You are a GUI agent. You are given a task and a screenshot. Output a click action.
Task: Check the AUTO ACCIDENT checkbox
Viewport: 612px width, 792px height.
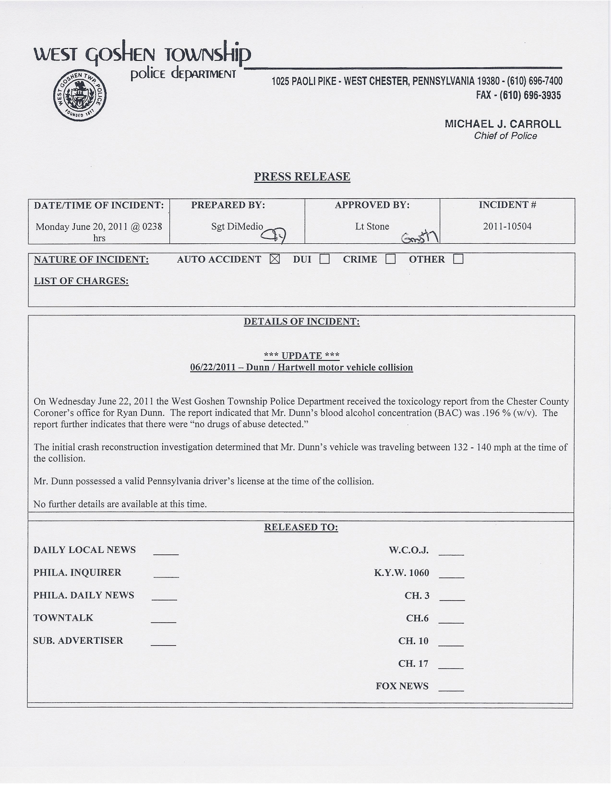[275, 259]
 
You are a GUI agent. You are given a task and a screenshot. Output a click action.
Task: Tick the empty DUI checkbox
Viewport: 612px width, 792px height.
[325, 259]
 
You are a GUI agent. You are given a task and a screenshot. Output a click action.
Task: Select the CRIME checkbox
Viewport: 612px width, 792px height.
[390, 259]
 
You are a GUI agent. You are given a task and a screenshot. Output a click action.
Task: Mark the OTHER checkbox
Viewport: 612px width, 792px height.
[458, 259]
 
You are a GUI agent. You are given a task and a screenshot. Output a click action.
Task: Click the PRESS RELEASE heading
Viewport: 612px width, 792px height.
[302, 177]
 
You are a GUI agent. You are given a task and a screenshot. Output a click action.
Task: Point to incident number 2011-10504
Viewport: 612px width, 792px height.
[507, 227]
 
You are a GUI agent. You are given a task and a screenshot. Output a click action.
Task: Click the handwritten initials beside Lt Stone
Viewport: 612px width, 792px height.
[420, 236]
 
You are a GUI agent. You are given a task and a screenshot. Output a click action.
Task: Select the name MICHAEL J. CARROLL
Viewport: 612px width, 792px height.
[503, 124]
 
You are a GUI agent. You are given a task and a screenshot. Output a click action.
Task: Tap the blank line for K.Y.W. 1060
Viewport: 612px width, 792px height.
[451, 576]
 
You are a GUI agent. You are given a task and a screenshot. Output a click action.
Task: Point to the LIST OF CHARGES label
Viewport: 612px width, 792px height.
[81, 281]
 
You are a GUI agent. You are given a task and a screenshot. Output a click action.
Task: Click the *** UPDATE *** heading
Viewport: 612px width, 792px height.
[302, 356]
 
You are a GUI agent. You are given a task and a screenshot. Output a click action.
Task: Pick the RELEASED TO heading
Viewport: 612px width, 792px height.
[301, 528]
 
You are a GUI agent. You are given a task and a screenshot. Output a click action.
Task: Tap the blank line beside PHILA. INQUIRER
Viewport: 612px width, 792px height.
[166, 576]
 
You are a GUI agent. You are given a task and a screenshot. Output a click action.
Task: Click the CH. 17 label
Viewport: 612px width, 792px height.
[413, 664]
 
